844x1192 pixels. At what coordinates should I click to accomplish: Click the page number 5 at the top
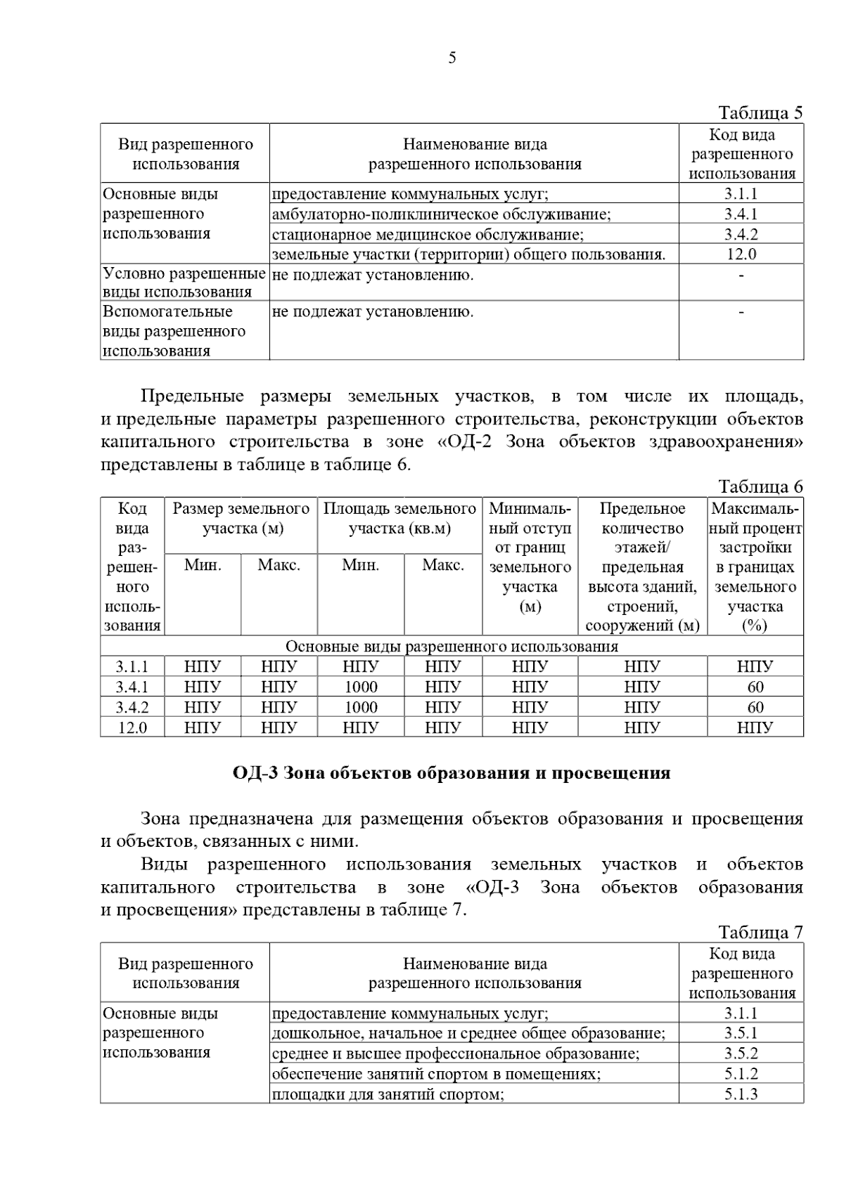pos(452,58)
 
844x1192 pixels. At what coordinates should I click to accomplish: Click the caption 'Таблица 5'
pos(760,112)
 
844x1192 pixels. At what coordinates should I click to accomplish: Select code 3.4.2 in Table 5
pos(741,234)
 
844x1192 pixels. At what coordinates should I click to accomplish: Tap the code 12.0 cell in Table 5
pos(741,254)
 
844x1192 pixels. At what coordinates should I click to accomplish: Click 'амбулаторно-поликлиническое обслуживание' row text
pos(441,214)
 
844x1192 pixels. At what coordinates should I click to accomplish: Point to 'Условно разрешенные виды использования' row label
pos(184,283)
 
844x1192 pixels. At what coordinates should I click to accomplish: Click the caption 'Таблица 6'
pos(760,486)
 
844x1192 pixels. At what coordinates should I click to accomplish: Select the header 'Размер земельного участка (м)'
pos(241,519)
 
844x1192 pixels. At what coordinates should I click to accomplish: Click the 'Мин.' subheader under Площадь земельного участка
pos(360,565)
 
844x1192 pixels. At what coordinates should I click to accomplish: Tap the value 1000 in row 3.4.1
pos(360,687)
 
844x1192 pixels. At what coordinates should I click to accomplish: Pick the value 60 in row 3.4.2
pos(755,707)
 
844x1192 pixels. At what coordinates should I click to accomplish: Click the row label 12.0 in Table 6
pos(132,727)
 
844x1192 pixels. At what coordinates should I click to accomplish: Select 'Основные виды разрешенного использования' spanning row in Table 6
pos(452,646)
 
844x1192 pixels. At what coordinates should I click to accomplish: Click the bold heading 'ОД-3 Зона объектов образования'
pos(452,773)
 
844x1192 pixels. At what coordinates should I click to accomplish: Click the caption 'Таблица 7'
pos(760,933)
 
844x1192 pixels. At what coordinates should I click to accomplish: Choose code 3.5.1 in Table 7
pos(741,1033)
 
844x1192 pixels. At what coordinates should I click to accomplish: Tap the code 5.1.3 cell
pos(741,1094)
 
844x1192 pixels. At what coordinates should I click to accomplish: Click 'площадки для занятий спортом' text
pos(388,1094)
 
